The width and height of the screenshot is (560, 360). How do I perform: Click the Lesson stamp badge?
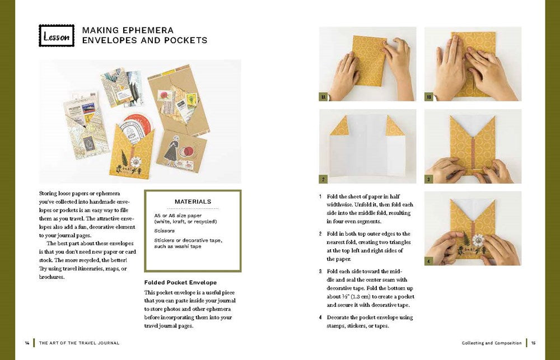57,36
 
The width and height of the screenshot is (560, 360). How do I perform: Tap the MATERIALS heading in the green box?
193,202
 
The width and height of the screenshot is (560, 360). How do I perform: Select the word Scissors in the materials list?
164,231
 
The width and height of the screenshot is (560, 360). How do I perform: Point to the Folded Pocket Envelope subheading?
180,283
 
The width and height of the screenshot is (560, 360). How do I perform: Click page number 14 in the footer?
27,343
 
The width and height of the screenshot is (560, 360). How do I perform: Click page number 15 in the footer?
533,343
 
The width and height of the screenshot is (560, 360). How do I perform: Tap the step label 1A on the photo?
323,97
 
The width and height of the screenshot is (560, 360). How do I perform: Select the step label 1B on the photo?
428,97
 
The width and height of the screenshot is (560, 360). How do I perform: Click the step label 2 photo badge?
323,179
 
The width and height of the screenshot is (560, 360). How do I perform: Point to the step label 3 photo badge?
428,179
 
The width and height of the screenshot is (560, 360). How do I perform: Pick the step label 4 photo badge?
428,261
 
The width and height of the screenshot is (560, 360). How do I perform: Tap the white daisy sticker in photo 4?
478,240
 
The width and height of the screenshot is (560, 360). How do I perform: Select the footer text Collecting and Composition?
492,343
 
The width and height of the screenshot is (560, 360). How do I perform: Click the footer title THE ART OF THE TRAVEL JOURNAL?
80,343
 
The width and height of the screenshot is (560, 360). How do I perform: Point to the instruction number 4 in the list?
320,317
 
